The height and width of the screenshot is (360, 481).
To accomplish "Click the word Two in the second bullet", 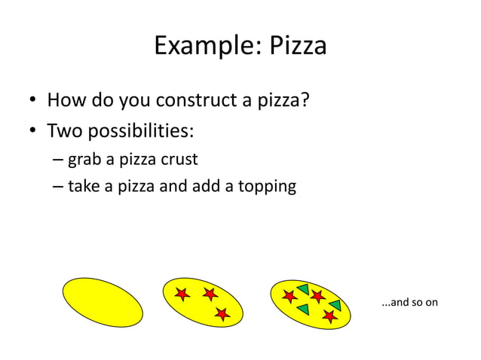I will click(64, 131).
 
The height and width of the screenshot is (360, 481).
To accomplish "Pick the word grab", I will click(83, 160).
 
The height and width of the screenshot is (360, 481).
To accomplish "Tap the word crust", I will click(178, 160).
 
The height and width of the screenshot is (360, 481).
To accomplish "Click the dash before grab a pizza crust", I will click(58, 160).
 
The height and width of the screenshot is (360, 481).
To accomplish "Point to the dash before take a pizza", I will click(58, 186).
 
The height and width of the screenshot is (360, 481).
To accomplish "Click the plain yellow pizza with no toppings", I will click(102, 302).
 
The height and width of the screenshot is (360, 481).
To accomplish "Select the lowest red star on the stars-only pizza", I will click(222, 314).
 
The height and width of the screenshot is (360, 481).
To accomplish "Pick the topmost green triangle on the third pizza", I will click(303, 288).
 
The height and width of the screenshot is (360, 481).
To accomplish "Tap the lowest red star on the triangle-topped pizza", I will click(329, 316).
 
